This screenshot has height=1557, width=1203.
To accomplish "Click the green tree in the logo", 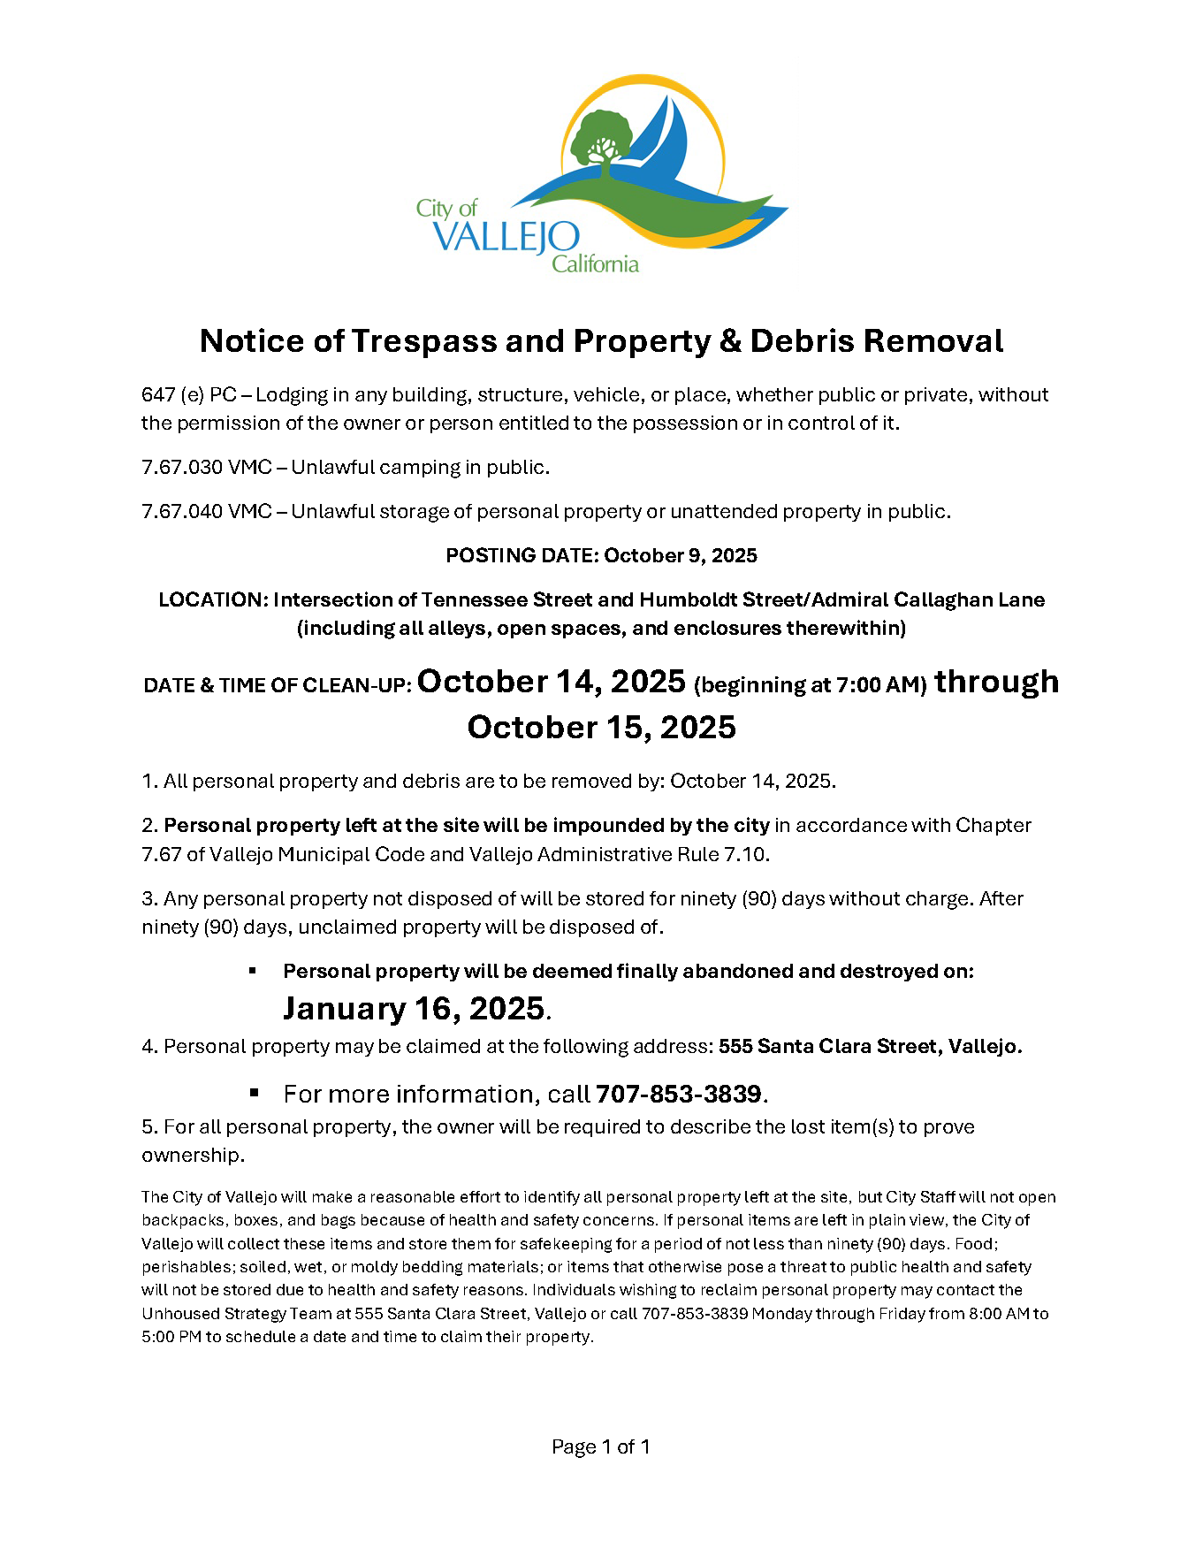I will coord(601,137).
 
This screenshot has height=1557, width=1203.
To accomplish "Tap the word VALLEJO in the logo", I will coord(506,238).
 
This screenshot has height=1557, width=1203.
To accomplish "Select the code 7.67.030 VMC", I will coord(206,468).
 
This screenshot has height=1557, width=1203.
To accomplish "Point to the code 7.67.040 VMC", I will coord(206,512).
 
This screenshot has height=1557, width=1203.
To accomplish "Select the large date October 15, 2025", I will coord(601,728).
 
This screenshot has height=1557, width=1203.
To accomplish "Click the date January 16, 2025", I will coord(414,1009).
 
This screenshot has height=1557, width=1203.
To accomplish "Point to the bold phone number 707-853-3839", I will coord(678,1095).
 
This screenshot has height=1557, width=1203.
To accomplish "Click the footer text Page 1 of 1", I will coord(601,1447).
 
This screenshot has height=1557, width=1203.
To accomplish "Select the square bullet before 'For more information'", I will coord(254,1093).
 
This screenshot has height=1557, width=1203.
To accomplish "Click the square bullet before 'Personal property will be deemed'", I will coord(253,970).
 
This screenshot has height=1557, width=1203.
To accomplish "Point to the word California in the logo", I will coord(595,263).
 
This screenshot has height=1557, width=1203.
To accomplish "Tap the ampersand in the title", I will coord(730,341).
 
